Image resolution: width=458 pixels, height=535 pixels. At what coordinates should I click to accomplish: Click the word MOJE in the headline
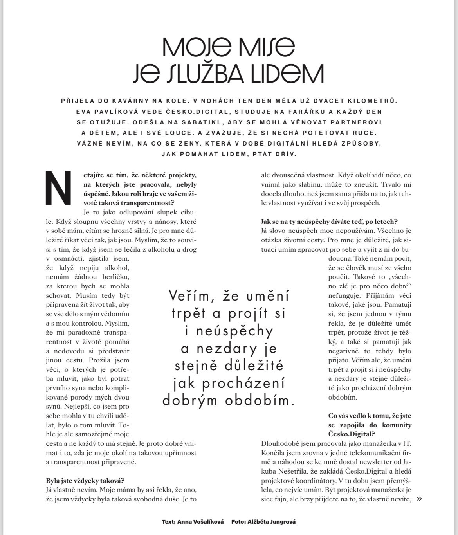[195, 47]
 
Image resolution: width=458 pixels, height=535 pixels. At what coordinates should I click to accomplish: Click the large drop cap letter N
[59, 188]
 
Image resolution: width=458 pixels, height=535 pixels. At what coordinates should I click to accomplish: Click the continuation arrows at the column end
[420, 499]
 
